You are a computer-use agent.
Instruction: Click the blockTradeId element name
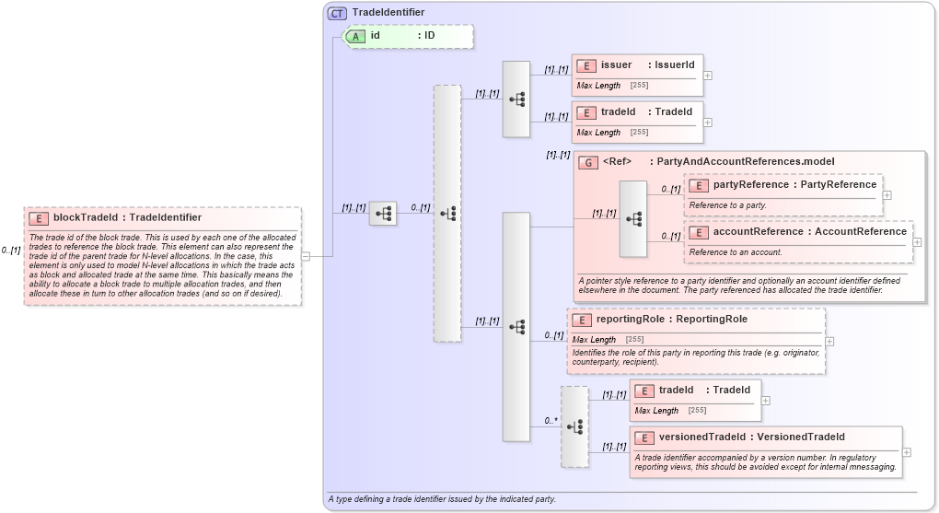(127, 217)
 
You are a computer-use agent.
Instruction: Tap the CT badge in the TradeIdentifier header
(337, 13)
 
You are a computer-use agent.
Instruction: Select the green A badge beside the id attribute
(355, 36)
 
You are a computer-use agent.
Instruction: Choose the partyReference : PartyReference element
(782, 185)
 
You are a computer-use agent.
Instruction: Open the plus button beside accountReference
(918, 242)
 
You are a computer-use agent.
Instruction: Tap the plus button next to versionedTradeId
(907, 452)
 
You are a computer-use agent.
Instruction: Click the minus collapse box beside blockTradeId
(306, 256)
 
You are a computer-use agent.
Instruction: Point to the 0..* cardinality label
(551, 421)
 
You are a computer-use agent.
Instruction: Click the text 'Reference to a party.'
(727, 205)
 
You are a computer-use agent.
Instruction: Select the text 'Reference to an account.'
(736, 252)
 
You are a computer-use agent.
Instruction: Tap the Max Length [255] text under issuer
(612, 86)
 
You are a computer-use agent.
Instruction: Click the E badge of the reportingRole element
(581, 320)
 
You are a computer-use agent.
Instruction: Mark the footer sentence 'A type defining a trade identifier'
(441, 499)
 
